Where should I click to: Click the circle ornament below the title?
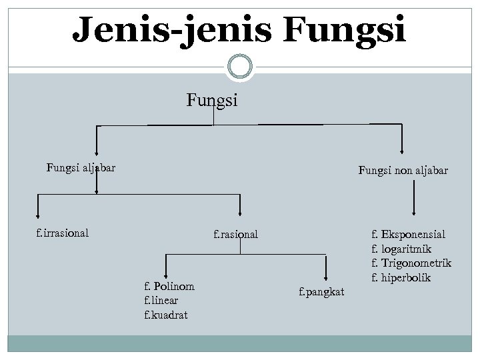point(240,67)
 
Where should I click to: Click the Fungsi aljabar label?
point(81,167)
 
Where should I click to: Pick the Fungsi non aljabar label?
point(403,171)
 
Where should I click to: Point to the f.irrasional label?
point(63,233)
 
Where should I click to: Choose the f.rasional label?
point(235,235)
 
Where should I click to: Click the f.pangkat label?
point(321,291)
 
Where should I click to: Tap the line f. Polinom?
point(169,286)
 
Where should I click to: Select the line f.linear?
point(162,300)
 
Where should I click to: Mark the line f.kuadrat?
point(165,314)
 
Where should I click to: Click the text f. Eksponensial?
point(408,235)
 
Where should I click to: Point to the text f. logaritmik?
point(401,249)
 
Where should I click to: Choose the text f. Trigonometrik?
point(411,263)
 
